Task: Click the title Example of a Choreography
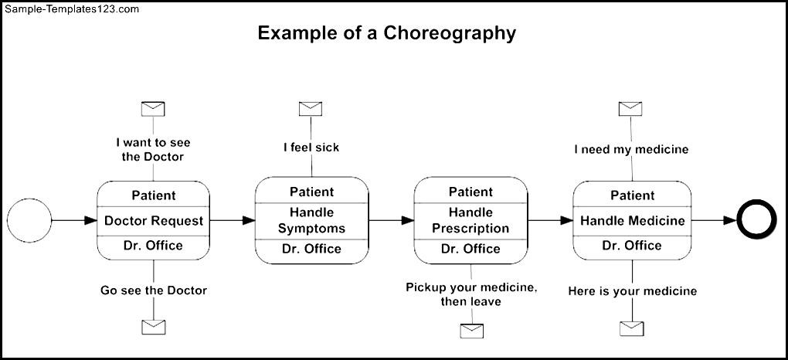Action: pyautogui.click(x=386, y=33)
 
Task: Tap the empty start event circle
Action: pyautogui.click(x=29, y=220)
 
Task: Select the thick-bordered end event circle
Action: pyautogui.click(x=757, y=219)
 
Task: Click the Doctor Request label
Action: pyautogui.click(x=154, y=221)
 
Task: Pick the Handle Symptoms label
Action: pyautogui.click(x=311, y=221)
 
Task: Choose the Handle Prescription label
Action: pyautogui.click(x=471, y=221)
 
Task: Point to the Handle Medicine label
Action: pyautogui.click(x=632, y=221)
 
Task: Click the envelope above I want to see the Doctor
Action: pyautogui.click(x=153, y=109)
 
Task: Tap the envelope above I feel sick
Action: pyautogui.click(x=311, y=109)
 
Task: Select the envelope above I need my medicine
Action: pyautogui.click(x=630, y=109)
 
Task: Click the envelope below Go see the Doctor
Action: pyautogui.click(x=153, y=328)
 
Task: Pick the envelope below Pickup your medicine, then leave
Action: pyautogui.click(x=472, y=331)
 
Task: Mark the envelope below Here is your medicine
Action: pyautogui.click(x=632, y=328)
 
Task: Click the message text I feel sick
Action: pyautogui.click(x=311, y=148)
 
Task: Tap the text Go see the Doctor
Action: pyautogui.click(x=154, y=290)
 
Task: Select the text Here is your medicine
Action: pyautogui.click(x=633, y=291)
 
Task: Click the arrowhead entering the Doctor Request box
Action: pyautogui.click(x=91, y=220)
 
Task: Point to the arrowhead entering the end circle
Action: pyautogui.click(x=730, y=220)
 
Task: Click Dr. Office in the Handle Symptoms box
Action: pyautogui.click(x=311, y=249)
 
